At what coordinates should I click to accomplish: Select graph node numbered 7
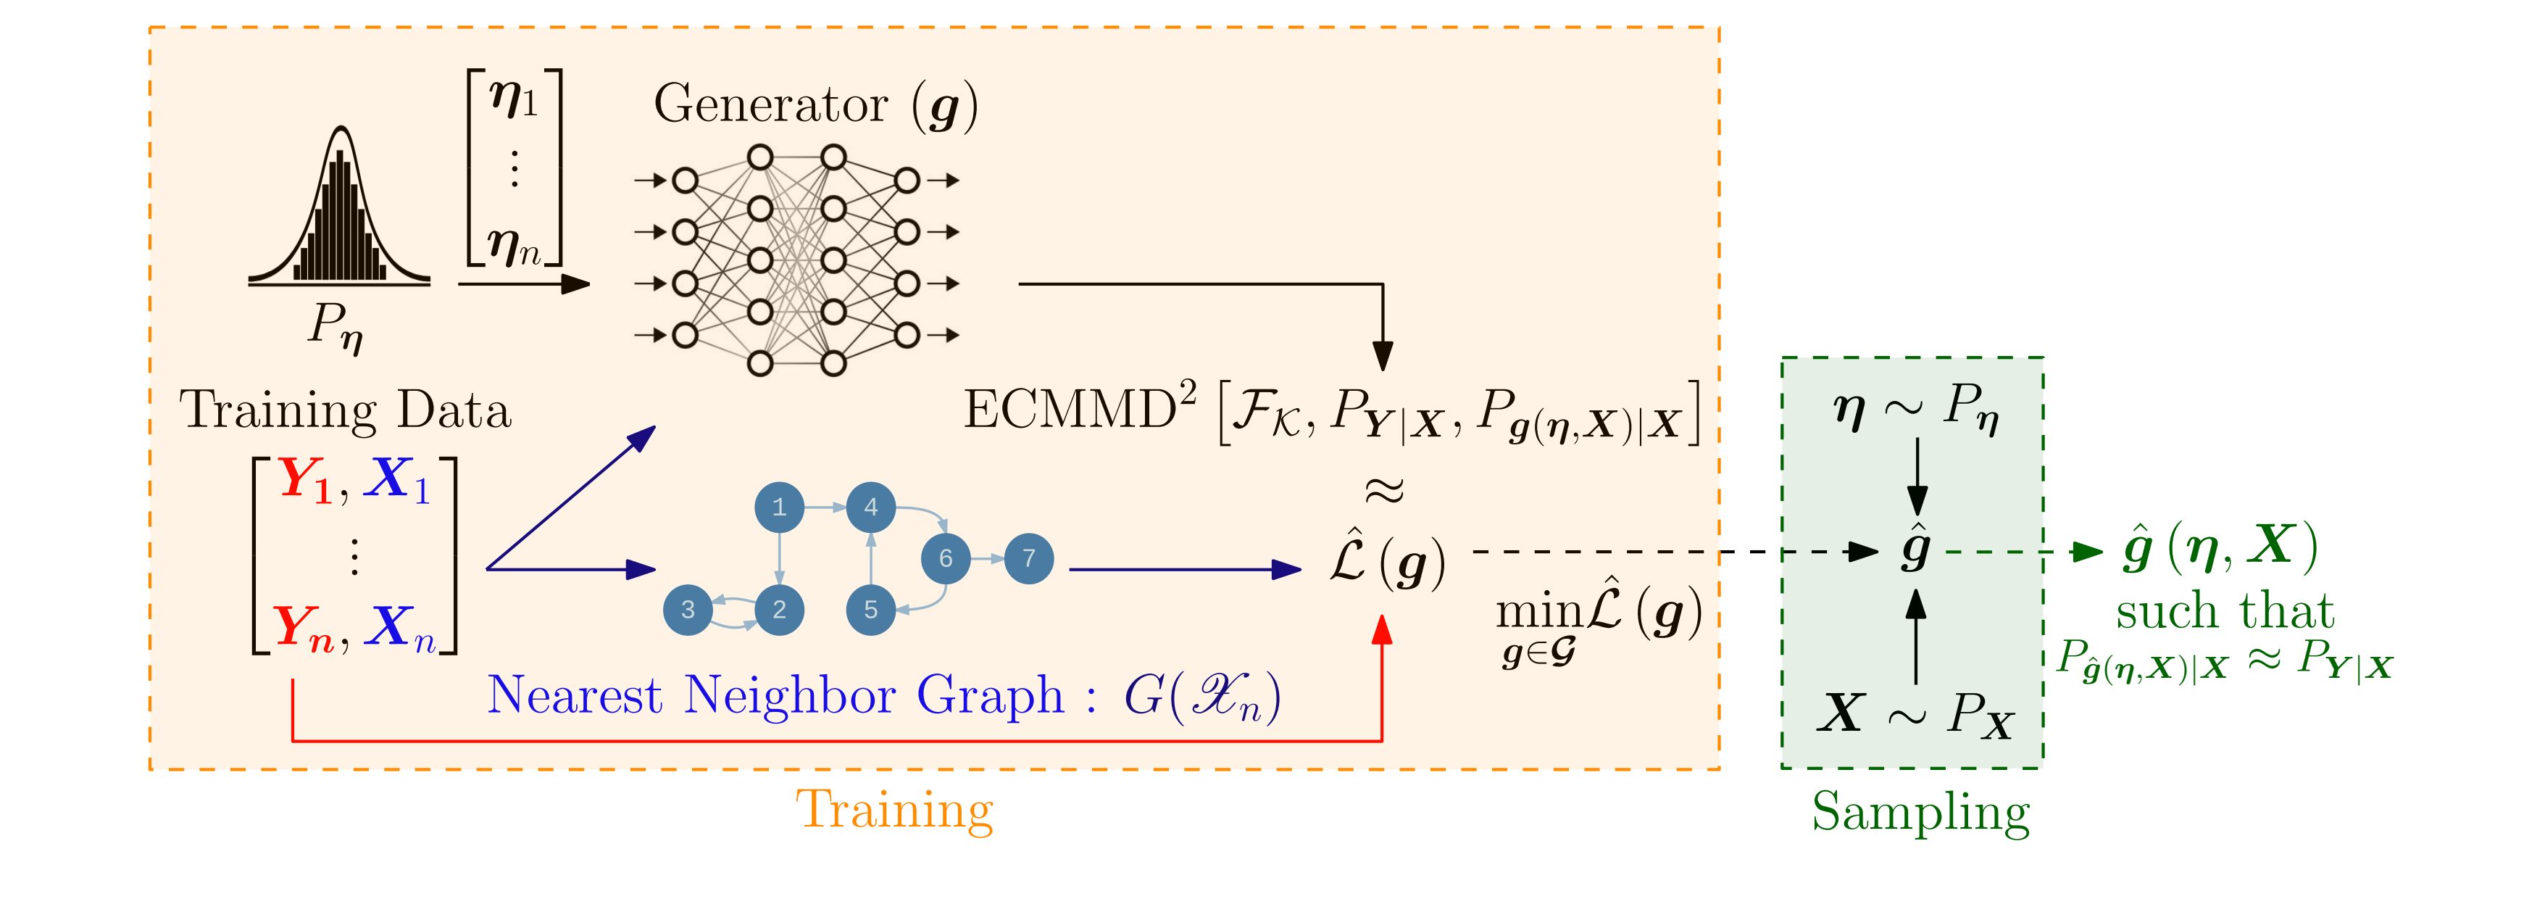pyautogui.click(x=1028, y=558)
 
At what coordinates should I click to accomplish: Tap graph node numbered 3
pyautogui.click(x=688, y=610)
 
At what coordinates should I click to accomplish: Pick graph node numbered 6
pyautogui.click(x=946, y=558)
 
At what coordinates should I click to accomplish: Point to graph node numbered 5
pyautogui.click(x=870, y=610)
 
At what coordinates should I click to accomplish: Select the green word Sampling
pyautogui.click(x=1920, y=812)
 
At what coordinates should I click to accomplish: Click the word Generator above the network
pyautogui.click(x=770, y=104)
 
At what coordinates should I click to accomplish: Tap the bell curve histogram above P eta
pyautogui.click(x=339, y=212)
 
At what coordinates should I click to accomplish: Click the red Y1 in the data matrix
pyautogui.click(x=307, y=480)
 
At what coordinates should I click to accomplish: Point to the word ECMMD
pyautogui.click(x=1069, y=409)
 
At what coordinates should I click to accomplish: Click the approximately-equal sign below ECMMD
pyautogui.click(x=1383, y=489)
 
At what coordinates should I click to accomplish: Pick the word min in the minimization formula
pyautogui.click(x=1539, y=613)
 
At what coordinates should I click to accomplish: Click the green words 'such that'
pyautogui.click(x=2224, y=611)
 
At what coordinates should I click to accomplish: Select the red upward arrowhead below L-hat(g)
pyautogui.click(x=1382, y=629)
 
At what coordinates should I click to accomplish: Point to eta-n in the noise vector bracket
pyautogui.click(x=514, y=246)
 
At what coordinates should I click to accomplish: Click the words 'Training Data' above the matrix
pyautogui.click(x=346, y=410)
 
